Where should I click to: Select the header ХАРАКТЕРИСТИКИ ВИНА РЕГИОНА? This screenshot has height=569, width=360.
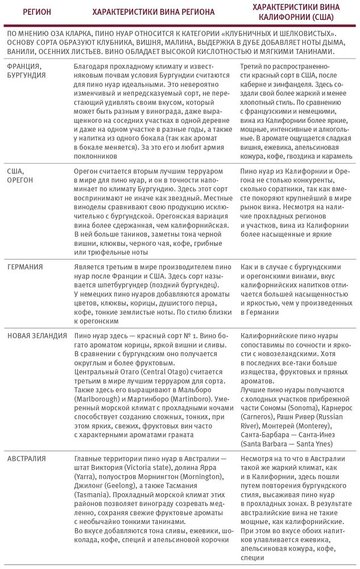pyautogui.click(x=154, y=11)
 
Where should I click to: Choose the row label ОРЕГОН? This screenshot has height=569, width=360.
pyautogui.click(x=20, y=180)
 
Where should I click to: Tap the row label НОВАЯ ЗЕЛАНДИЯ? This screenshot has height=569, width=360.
pyautogui.click(x=38, y=335)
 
